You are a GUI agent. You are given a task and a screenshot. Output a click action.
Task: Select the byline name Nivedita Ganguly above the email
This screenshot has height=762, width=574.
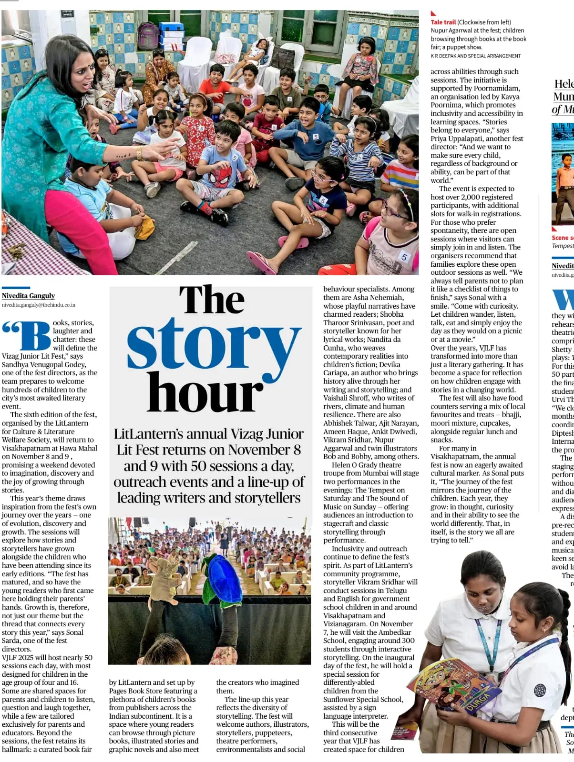[29, 296]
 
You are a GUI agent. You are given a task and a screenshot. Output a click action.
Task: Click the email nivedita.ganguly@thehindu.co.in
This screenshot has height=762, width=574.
[38, 305]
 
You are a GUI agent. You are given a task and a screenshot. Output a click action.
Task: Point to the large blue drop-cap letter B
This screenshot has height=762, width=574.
[36, 336]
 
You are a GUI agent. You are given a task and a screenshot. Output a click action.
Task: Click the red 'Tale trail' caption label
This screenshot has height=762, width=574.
[443, 22]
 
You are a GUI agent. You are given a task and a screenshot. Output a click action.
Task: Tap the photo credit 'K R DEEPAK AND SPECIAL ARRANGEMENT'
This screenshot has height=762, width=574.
[475, 56]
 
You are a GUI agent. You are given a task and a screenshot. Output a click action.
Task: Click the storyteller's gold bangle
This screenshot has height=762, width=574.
[139, 153]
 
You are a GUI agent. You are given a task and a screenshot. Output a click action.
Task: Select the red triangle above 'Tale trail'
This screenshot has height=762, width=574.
[433, 13]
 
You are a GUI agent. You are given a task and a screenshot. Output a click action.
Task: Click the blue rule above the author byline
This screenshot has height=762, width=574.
[16, 288]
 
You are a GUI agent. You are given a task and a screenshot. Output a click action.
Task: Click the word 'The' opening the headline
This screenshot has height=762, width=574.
[212, 300]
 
